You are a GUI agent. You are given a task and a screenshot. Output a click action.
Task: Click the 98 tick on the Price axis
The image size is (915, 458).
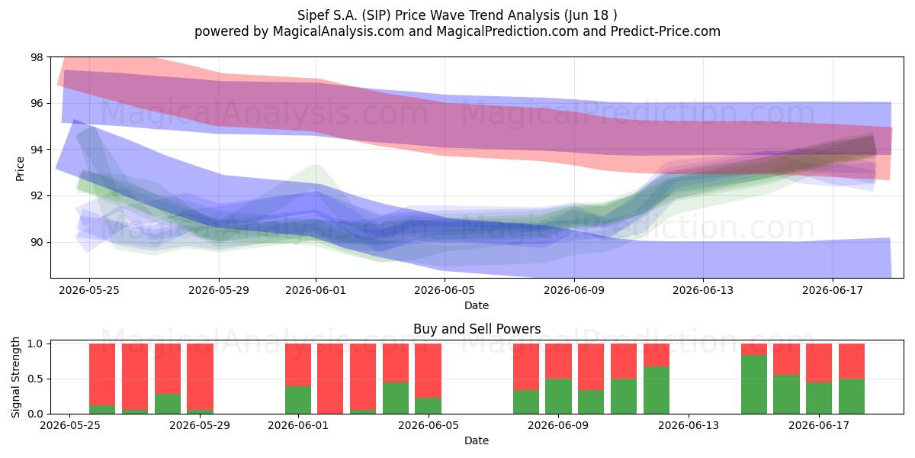[37, 57]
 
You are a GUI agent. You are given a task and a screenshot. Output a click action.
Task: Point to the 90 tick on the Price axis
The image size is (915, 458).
[37, 242]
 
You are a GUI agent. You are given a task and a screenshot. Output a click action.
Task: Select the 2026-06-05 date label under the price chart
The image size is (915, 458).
[445, 290]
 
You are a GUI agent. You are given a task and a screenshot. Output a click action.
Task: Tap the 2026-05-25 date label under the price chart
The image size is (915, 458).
[89, 290]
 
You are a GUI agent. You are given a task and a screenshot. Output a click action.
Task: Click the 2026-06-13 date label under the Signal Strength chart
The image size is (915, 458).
[689, 425]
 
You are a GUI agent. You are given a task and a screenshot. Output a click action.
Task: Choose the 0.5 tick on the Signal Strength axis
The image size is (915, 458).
[35, 379]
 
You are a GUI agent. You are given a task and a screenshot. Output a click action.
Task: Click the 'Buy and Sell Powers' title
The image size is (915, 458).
[477, 329]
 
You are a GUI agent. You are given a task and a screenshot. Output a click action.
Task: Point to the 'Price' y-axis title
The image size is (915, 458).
[20, 169]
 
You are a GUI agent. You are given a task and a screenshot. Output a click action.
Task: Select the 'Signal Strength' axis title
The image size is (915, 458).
[15, 377]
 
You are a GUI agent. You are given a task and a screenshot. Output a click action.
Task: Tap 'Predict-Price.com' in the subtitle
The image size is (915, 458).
[666, 31]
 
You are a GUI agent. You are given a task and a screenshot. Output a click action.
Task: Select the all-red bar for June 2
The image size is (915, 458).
[330, 379]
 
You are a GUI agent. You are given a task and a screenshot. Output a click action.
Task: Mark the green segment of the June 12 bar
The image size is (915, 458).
[657, 390]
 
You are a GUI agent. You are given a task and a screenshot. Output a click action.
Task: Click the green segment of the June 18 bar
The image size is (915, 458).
[852, 396]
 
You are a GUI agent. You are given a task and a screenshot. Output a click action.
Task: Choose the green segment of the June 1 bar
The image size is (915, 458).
[298, 400]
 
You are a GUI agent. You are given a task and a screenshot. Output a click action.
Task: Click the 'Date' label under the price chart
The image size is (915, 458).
[477, 305]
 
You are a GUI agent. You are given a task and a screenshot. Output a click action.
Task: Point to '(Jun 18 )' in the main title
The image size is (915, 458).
[591, 15]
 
